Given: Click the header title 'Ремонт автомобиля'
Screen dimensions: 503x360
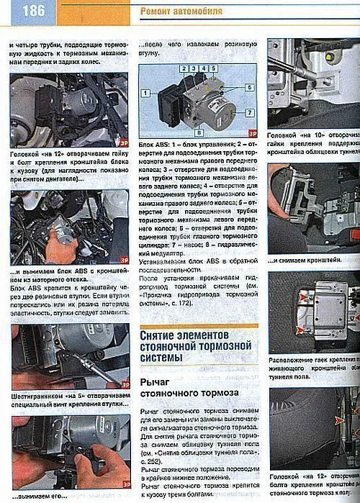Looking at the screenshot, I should (x=181, y=12).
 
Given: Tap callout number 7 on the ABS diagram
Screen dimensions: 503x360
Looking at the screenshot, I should (x=248, y=112).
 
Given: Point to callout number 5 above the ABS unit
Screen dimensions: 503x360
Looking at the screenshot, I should (x=215, y=68).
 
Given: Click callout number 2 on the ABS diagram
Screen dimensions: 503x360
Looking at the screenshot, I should (x=184, y=68).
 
